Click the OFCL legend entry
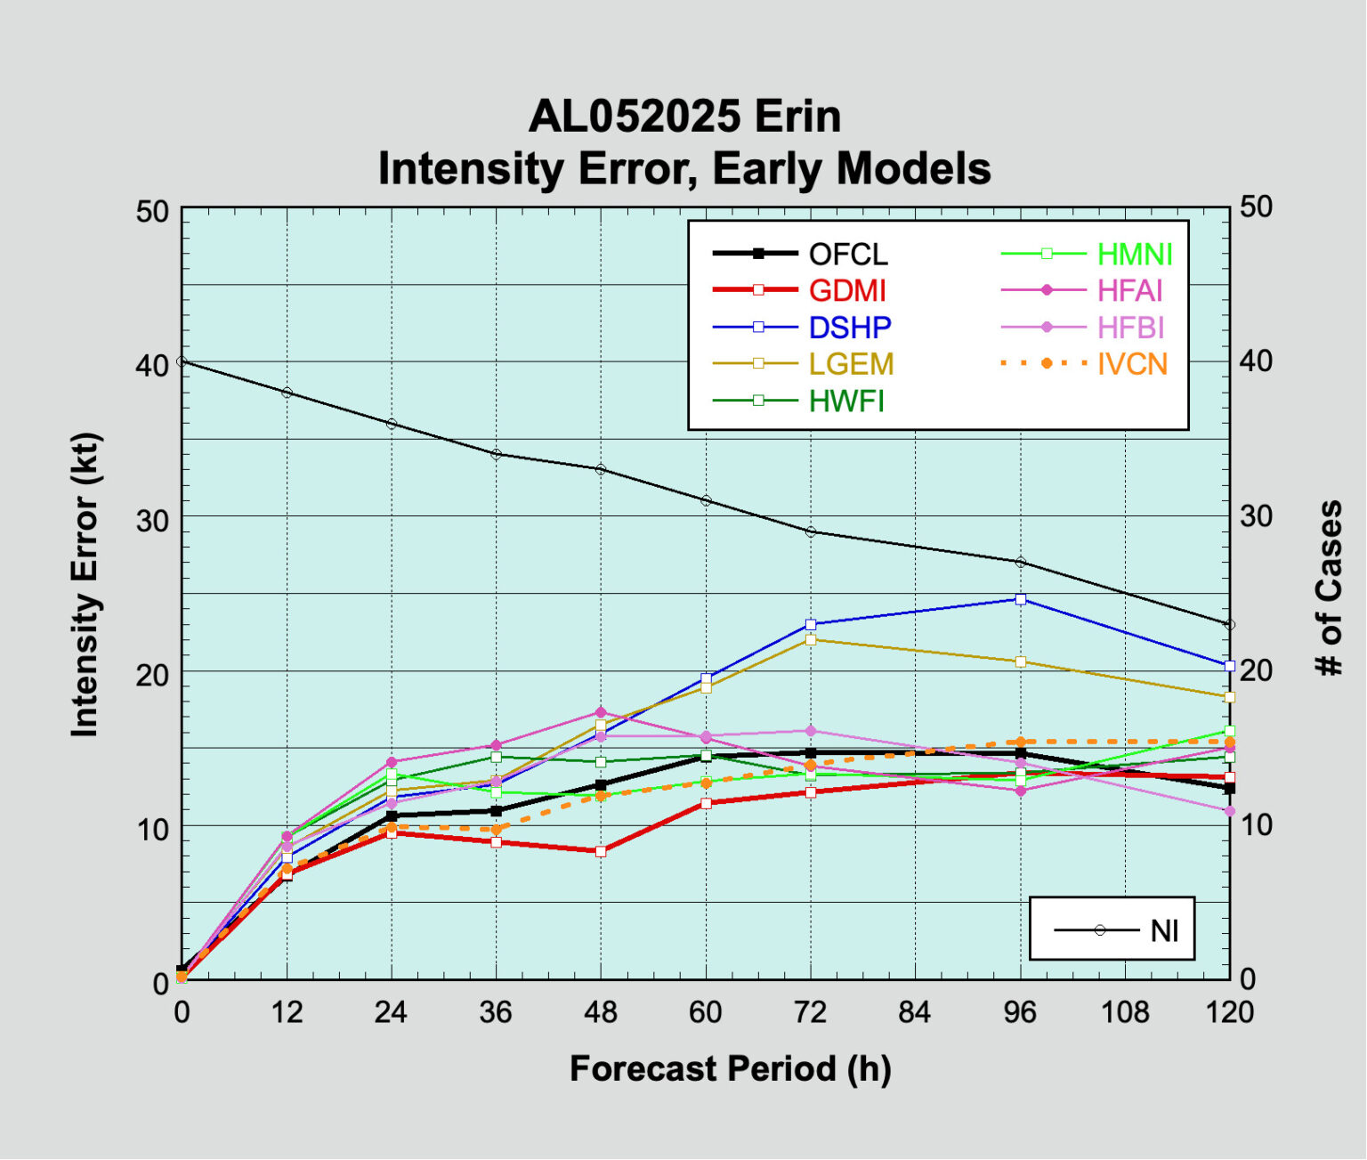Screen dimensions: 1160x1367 847,255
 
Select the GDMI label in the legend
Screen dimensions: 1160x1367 847,291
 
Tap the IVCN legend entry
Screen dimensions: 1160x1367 1132,364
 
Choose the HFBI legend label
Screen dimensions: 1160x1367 1130,328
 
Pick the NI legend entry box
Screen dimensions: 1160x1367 1112,929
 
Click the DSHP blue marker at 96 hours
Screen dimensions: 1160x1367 1021,599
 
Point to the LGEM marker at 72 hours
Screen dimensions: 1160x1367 811,639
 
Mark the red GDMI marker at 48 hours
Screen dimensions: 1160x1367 601,851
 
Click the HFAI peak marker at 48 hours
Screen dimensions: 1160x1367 601,712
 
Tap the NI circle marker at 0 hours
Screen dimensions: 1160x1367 182,361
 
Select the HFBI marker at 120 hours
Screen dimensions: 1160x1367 1230,811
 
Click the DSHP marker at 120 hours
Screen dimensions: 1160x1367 1230,665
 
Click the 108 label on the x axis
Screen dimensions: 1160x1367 1125,1012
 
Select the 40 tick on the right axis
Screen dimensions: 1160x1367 1256,361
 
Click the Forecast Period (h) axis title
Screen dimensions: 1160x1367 730,1068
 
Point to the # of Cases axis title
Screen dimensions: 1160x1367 1329,588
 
